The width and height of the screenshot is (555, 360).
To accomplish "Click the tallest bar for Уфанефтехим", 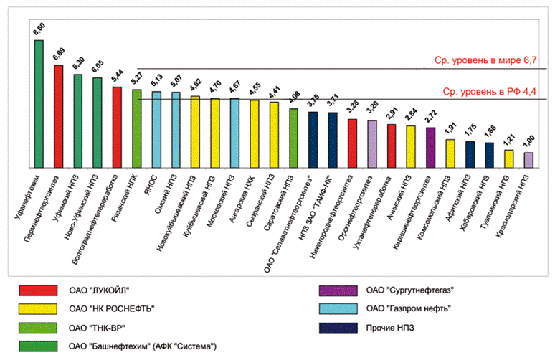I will [39, 104].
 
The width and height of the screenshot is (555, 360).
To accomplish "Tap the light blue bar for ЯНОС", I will [156, 130].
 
